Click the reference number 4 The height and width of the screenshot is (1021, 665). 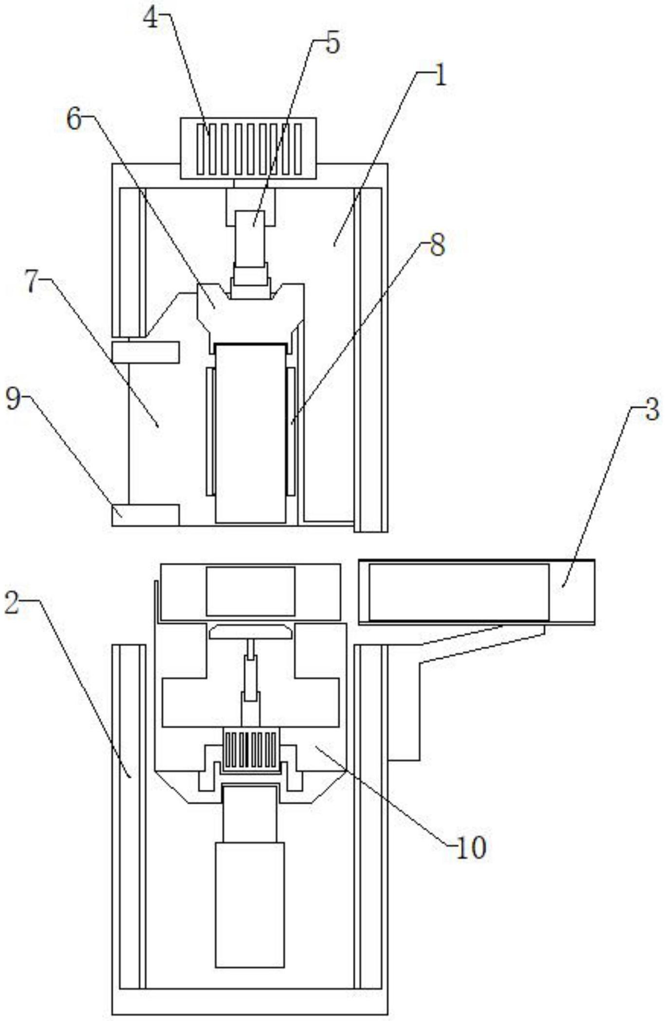click(151, 18)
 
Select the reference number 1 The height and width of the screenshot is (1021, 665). click(440, 75)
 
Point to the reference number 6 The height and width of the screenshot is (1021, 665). click(74, 118)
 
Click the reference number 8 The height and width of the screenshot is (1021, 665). click(437, 245)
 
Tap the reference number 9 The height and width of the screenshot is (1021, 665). click(14, 399)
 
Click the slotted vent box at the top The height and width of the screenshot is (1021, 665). click(248, 149)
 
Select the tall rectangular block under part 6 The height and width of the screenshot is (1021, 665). click(251, 433)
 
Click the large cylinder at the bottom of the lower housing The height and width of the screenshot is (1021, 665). click(250, 905)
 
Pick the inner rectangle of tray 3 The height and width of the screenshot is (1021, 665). click(459, 592)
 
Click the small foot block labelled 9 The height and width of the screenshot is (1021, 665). click(146, 515)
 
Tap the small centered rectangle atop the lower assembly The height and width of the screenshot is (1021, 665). click(251, 591)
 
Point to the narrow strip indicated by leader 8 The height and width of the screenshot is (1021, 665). click(291, 431)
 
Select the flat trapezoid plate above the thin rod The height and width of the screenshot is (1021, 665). click(251, 632)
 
